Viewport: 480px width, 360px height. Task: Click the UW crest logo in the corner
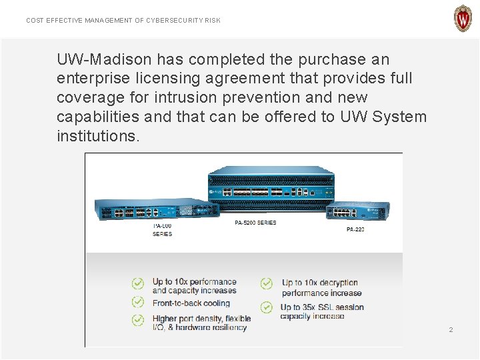point(463,19)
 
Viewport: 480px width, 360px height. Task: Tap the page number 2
point(451,330)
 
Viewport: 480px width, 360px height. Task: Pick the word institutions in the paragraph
point(98,136)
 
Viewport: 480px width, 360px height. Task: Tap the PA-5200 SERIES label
point(255,223)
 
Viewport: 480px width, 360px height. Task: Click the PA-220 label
point(355,229)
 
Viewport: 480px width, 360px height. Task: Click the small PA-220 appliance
point(357,212)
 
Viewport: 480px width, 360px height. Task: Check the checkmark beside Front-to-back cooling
point(137,302)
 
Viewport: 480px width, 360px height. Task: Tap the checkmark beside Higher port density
point(137,321)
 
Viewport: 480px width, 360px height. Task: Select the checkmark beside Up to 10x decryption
point(267,283)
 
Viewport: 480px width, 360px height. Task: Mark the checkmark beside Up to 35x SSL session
point(267,307)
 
